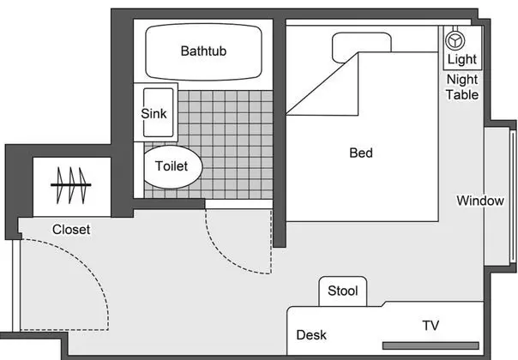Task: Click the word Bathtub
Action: pyautogui.click(x=203, y=51)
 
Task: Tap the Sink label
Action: pyautogui.click(x=154, y=114)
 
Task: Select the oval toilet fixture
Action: pyautogui.click(x=172, y=167)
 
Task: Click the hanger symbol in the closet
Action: pyautogui.click(x=70, y=185)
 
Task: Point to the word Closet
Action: pyautogui.click(x=71, y=230)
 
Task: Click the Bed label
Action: pyautogui.click(x=361, y=153)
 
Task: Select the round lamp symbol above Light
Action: pyautogui.click(x=455, y=40)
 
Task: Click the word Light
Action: pyautogui.click(x=462, y=59)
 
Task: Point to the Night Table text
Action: pyautogui.click(x=462, y=87)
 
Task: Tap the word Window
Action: pyautogui.click(x=480, y=201)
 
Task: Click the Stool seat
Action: pyautogui.click(x=342, y=291)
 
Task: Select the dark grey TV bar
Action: pyautogui.click(x=431, y=345)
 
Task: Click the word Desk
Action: pyautogui.click(x=311, y=335)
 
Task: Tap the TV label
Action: pyautogui.click(x=431, y=326)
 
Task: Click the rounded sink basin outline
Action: pyautogui.click(x=159, y=112)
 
